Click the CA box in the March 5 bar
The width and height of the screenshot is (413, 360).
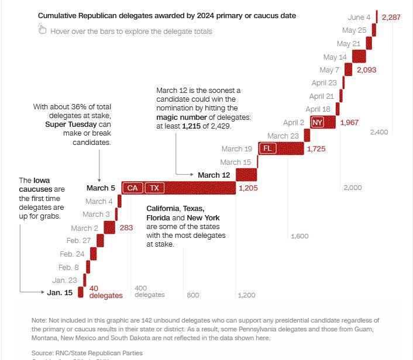click(x=133, y=188)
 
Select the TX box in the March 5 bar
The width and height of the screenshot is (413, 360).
click(x=154, y=188)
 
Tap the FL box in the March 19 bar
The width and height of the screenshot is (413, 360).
click(x=267, y=148)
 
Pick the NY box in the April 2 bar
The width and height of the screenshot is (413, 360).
click(x=317, y=122)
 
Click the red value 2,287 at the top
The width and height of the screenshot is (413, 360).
click(x=391, y=18)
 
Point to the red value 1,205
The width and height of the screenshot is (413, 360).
click(x=249, y=188)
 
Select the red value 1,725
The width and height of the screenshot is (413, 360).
click(x=316, y=149)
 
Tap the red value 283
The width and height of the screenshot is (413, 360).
click(x=126, y=228)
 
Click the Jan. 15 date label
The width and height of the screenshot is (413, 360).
click(x=60, y=292)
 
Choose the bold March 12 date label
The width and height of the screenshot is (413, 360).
click(x=214, y=175)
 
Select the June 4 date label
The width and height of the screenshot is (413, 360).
click(x=360, y=18)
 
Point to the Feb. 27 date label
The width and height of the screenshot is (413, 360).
click(x=78, y=241)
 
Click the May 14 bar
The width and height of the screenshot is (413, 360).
click(x=359, y=57)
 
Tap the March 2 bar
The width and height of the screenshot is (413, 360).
click(x=109, y=227)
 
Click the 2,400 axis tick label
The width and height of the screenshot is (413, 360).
click(x=378, y=132)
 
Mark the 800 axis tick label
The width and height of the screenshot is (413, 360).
click(x=193, y=295)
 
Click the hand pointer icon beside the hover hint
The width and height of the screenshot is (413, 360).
click(x=42, y=29)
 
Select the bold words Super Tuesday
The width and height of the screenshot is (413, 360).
click(x=70, y=124)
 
